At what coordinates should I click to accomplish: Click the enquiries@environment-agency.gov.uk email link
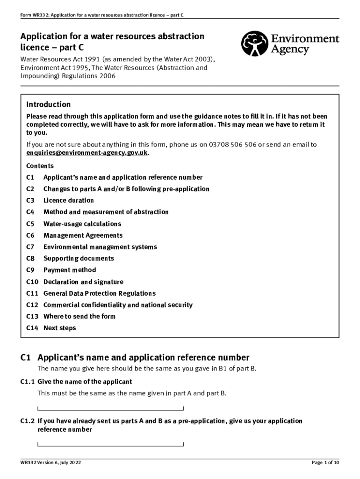(x=87, y=153)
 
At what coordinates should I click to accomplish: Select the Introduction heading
(x=48, y=104)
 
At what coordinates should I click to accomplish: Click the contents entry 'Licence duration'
(x=68, y=200)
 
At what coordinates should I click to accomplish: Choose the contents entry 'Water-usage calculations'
(x=82, y=224)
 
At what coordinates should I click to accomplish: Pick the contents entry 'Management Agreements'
(x=83, y=235)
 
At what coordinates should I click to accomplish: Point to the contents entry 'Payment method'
(x=70, y=270)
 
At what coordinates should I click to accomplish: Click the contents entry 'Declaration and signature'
(x=83, y=282)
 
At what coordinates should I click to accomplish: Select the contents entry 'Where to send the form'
(x=79, y=316)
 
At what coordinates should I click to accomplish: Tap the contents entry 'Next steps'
(x=59, y=328)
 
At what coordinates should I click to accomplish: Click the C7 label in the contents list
(x=30, y=247)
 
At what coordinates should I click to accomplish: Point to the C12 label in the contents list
(x=32, y=305)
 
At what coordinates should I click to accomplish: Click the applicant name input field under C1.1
(x=110, y=407)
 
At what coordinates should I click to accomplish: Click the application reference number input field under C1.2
(x=110, y=443)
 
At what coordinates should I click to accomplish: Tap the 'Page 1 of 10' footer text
(x=325, y=463)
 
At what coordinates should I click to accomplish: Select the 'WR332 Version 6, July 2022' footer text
(x=51, y=463)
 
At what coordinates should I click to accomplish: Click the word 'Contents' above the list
(x=40, y=166)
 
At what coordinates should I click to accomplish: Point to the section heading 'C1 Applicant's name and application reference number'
(x=135, y=357)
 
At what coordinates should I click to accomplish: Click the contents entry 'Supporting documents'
(x=79, y=258)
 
